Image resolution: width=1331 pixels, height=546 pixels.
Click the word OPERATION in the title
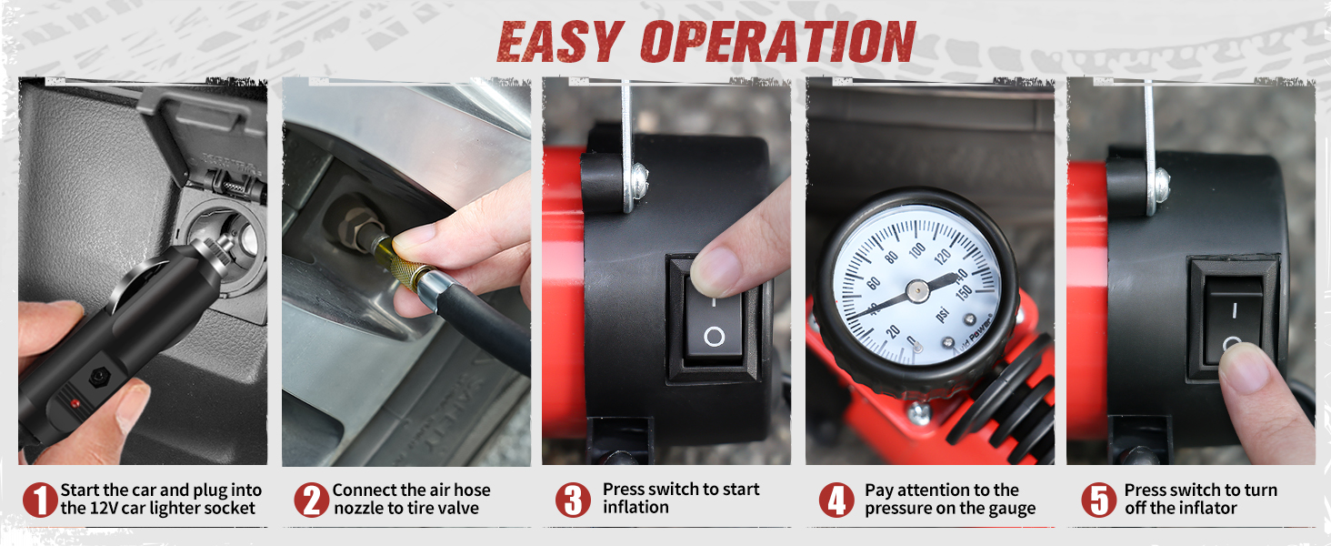click(777, 42)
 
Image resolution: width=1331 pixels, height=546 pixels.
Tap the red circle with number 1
click(40, 500)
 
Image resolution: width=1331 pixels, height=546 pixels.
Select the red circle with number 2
click(311, 500)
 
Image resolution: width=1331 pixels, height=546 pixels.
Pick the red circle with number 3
click(572, 500)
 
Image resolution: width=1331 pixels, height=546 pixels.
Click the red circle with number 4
click(836, 500)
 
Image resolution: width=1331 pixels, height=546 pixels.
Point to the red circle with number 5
click(1098, 500)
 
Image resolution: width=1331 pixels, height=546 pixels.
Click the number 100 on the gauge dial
click(916, 248)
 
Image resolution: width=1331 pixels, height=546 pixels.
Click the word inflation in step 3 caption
click(635, 508)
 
